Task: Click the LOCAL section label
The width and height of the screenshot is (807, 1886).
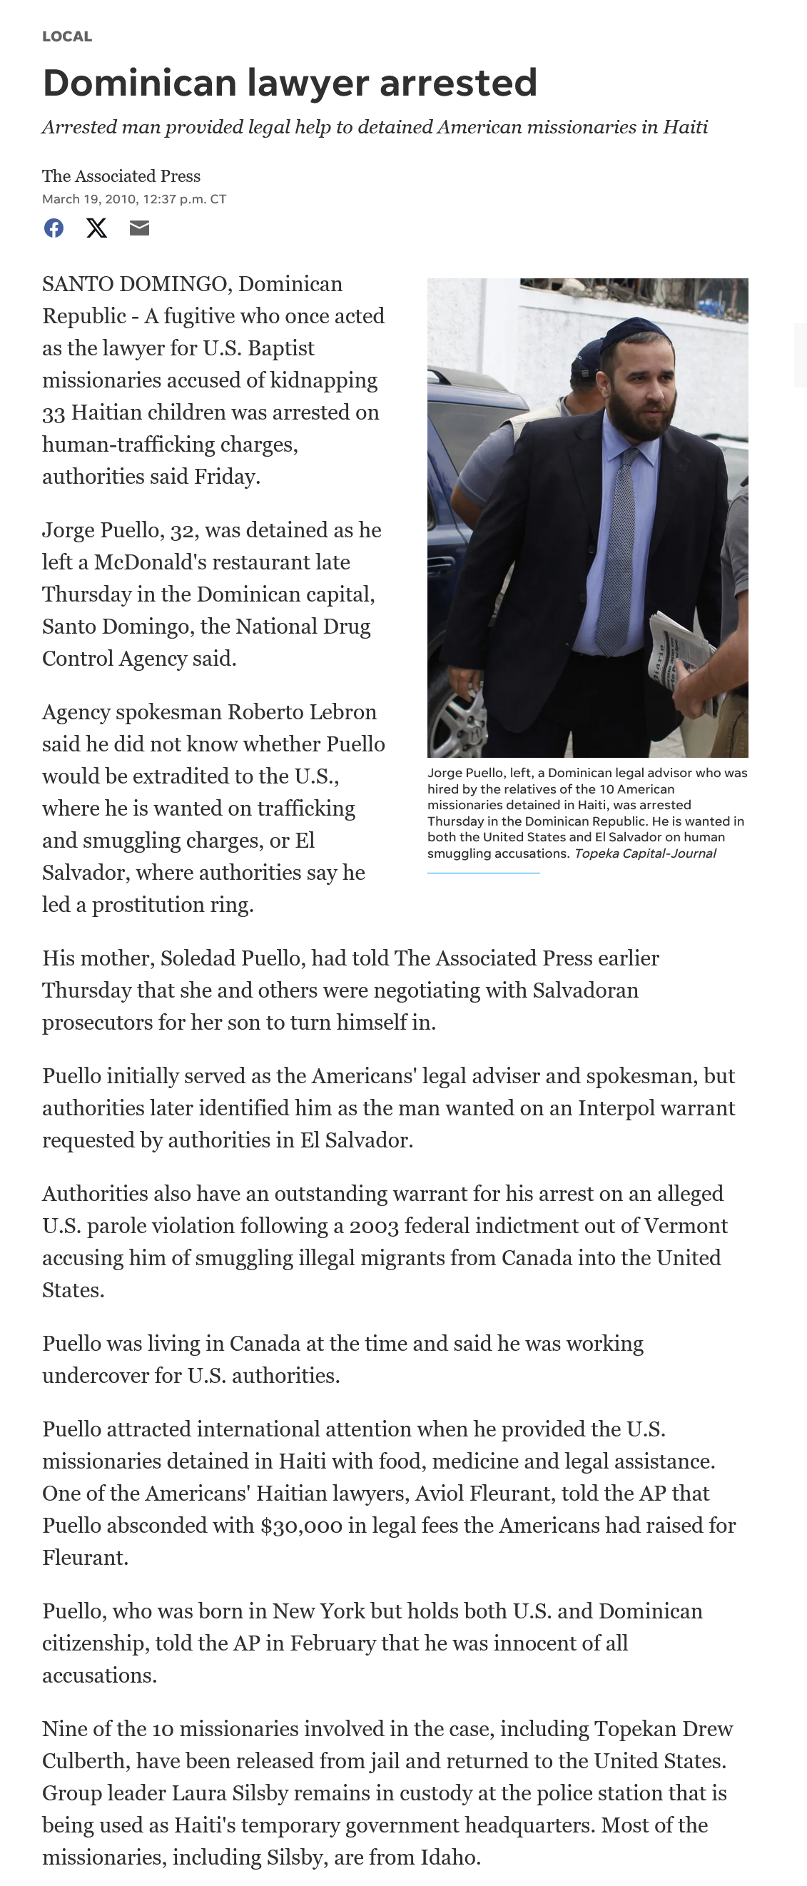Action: point(66,36)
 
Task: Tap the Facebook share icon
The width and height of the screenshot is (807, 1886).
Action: point(54,228)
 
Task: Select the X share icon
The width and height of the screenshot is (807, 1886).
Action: point(96,228)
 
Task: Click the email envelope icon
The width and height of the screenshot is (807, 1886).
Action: point(139,228)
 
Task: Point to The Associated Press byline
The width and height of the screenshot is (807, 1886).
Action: point(121,176)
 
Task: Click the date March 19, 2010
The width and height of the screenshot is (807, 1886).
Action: point(88,199)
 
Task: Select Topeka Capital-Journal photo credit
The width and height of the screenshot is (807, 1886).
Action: point(644,853)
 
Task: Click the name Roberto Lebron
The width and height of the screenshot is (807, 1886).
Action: point(302,711)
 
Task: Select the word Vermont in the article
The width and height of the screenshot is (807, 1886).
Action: point(684,1226)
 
